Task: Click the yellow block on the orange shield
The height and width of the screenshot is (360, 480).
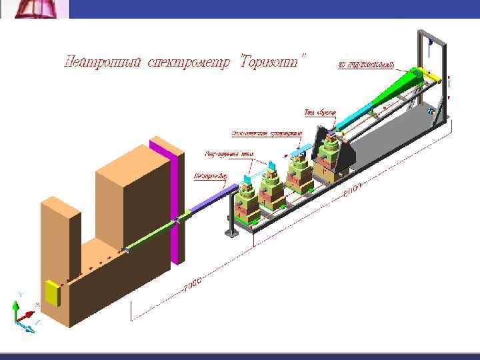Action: pos(52,293)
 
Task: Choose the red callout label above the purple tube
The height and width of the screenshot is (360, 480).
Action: pos(211,177)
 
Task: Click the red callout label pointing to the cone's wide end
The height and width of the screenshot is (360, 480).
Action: pos(366,65)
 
